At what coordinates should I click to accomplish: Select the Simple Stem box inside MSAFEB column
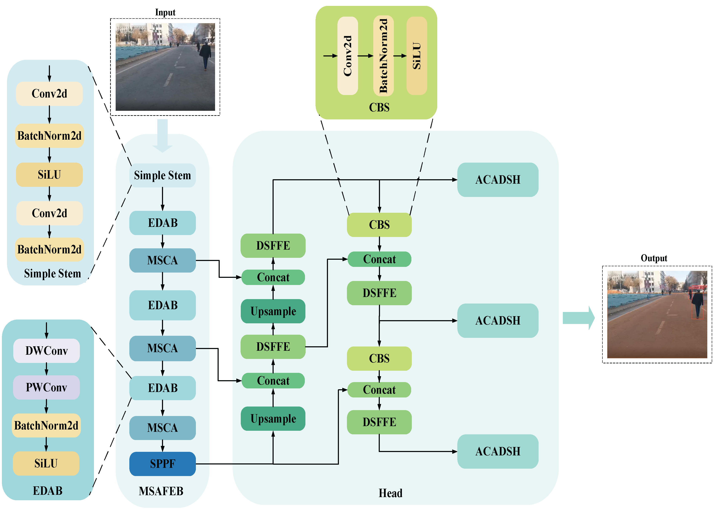pos(162,175)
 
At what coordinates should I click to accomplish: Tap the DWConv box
pos(46,350)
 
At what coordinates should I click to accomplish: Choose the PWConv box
pos(46,387)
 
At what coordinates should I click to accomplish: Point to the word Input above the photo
pos(165,12)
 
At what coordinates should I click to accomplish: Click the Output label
pos(654,258)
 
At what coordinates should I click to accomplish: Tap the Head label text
pos(390,493)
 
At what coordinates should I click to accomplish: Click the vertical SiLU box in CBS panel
pos(417,56)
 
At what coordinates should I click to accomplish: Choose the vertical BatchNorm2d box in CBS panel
pos(383,56)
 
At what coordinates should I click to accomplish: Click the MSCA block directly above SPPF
pos(162,428)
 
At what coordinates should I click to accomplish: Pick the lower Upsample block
pos(273,419)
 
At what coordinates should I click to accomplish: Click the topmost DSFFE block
pos(273,245)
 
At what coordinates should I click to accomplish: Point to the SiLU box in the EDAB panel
pos(46,463)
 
